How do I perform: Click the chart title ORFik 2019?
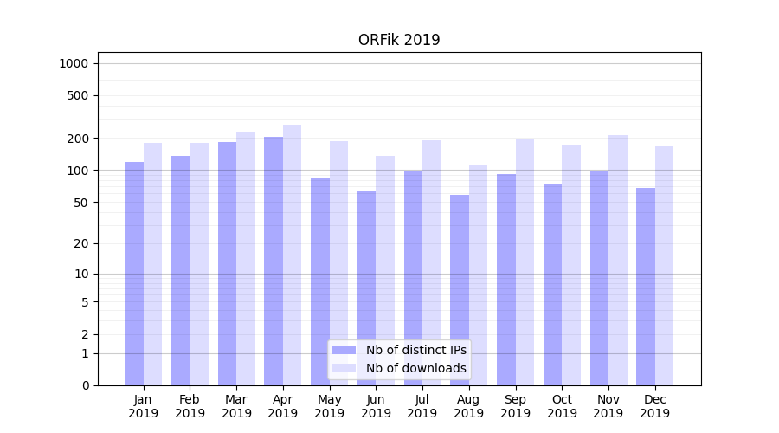point(399,40)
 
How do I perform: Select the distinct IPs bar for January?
point(134,273)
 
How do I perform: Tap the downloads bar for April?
point(292,255)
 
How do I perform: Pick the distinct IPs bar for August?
point(460,289)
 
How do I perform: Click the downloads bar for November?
point(617,260)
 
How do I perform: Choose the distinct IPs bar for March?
point(227,263)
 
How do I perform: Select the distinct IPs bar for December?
point(646,286)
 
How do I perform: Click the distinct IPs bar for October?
point(552,284)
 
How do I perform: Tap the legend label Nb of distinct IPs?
point(415,350)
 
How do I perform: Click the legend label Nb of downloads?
point(415,368)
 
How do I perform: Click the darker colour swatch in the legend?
point(344,350)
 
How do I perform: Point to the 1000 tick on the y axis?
point(74,63)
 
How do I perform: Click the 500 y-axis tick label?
point(78,95)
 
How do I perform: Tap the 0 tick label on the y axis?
point(85,385)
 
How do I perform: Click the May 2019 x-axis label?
point(329,406)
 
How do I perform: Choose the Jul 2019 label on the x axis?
point(422,406)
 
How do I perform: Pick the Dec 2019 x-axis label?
point(654,406)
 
